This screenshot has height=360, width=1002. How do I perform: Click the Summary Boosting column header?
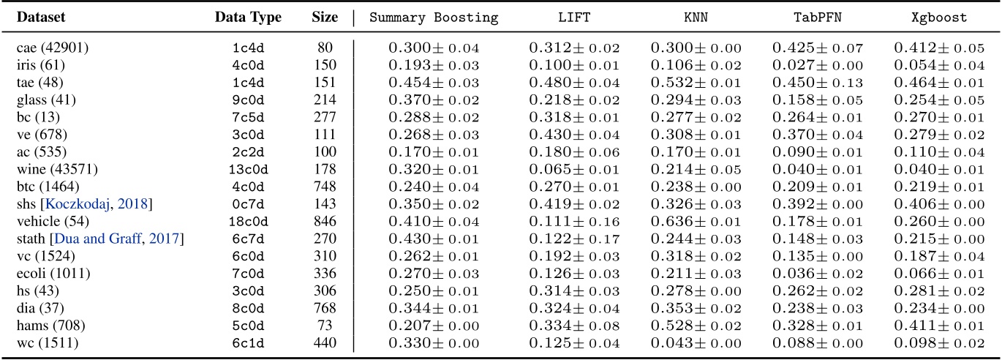pos(434,17)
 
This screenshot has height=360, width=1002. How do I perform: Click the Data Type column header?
pos(248,17)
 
